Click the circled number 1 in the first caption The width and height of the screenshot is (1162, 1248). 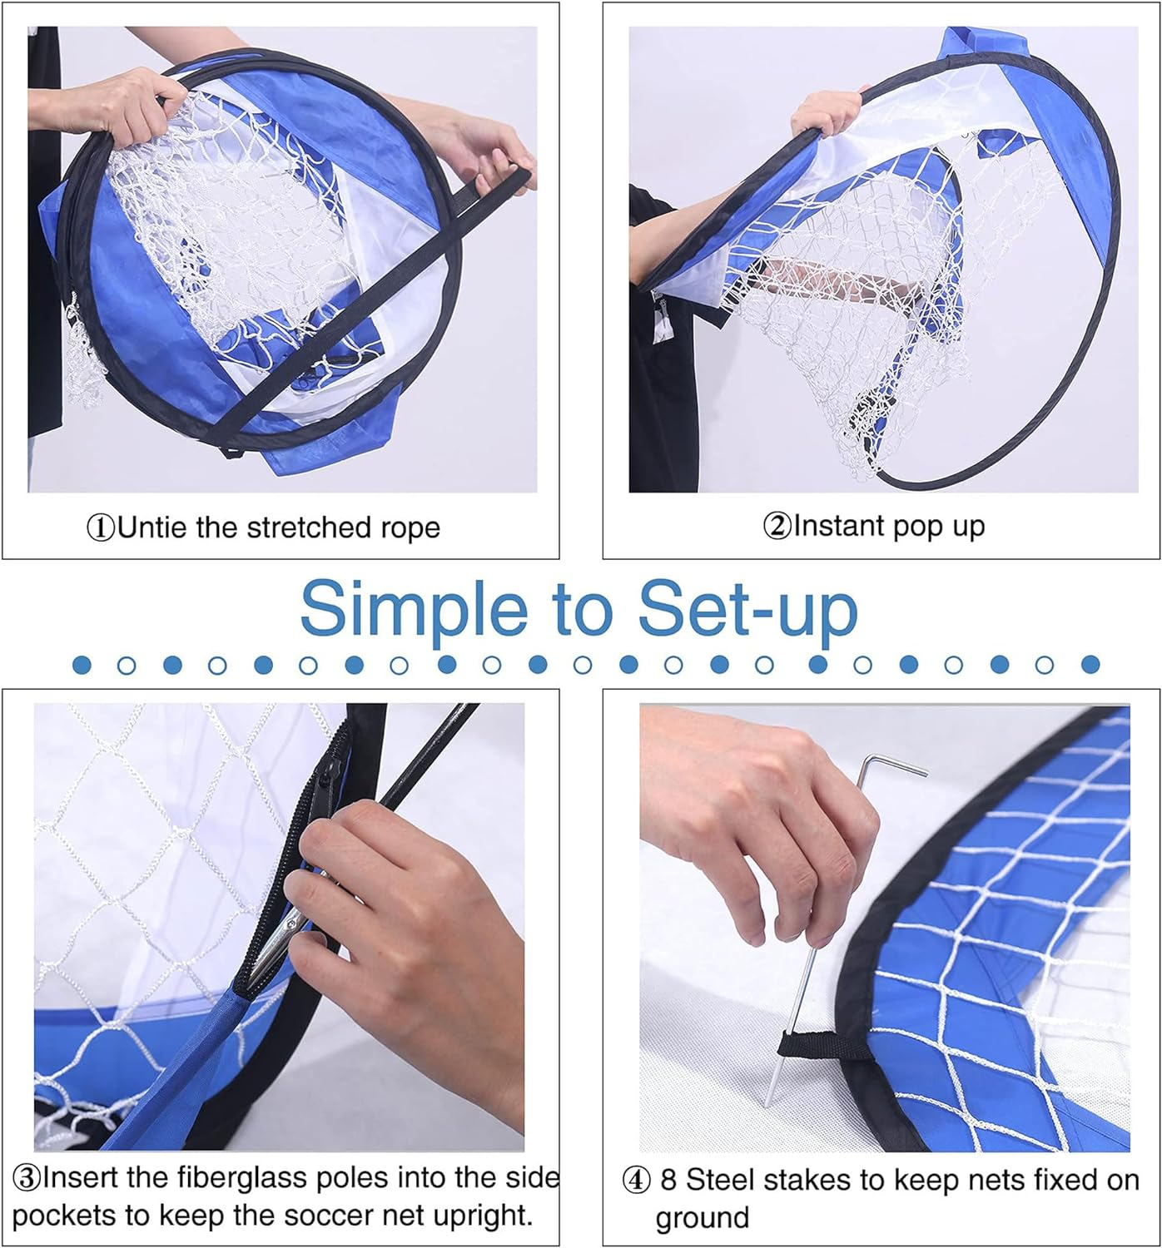(101, 527)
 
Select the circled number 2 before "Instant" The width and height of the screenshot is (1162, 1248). (777, 526)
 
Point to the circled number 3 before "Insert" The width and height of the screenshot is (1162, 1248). (27, 1177)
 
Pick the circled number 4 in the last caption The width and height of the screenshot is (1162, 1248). (636, 1180)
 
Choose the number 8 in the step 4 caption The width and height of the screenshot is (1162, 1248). (668, 1180)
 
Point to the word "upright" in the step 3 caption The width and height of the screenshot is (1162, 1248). (481, 1216)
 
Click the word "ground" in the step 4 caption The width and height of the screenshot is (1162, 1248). (703, 1219)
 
